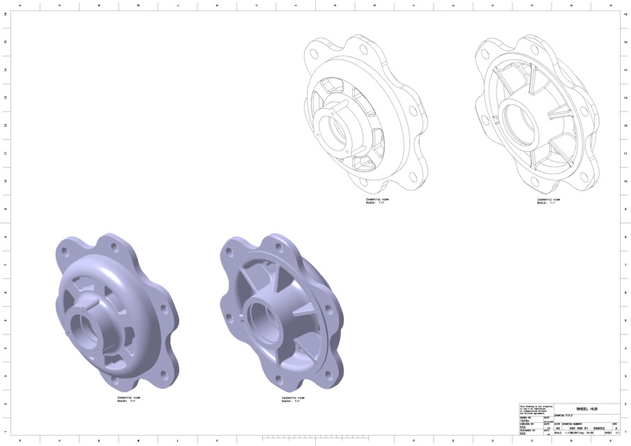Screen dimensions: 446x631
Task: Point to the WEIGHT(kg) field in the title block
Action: click(577, 433)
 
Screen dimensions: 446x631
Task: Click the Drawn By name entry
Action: click(525, 421)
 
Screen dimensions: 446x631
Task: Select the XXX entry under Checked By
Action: click(523, 427)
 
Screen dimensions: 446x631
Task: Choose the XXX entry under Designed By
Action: click(523, 433)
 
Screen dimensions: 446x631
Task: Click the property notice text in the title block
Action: click(534, 409)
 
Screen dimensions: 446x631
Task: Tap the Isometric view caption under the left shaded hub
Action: click(128, 399)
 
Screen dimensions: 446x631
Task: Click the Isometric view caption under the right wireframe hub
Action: click(547, 201)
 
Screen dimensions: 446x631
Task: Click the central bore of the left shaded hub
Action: click(85, 328)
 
